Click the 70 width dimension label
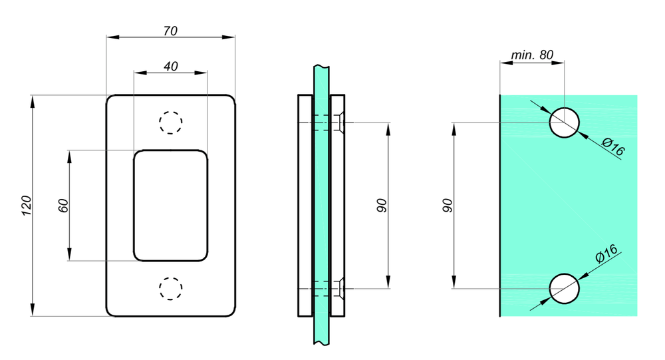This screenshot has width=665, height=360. (170, 31)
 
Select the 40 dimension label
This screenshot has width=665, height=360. (171, 67)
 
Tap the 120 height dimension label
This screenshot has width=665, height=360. (27, 206)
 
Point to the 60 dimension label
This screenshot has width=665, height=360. (63, 206)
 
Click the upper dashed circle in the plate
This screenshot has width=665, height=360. (171, 122)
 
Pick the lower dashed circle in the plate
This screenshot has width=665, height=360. (171, 289)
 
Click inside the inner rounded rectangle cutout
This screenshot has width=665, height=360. (170, 206)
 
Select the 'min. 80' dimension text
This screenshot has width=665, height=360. (532, 55)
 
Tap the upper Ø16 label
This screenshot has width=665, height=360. (613, 146)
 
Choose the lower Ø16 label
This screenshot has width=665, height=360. (607, 254)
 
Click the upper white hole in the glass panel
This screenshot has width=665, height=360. (565, 122)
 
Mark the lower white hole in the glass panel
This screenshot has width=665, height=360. (565, 289)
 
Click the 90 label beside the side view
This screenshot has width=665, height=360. (382, 206)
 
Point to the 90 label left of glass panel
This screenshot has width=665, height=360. (448, 206)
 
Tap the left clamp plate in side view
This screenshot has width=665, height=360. (305, 206)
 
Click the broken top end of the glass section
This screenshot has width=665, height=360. (321, 67)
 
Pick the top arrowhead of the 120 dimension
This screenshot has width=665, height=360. (32, 101)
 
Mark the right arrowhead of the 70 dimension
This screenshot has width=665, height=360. (229, 37)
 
